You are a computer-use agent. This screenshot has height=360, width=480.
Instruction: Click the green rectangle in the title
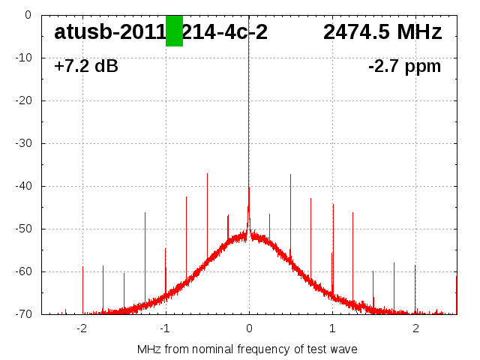point(174,31)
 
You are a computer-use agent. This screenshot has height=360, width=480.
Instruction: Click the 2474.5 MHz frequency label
point(382,32)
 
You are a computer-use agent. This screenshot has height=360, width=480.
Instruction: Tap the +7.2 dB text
point(86,67)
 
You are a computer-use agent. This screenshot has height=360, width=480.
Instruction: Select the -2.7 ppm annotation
point(404,67)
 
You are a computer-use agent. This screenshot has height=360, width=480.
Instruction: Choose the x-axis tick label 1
point(332,328)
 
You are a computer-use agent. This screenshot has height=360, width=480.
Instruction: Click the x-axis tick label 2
point(415,328)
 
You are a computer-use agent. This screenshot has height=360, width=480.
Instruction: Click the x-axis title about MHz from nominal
point(247,349)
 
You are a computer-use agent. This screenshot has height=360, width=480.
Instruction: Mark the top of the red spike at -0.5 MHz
point(207,173)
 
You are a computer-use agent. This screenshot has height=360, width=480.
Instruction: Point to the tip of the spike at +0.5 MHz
point(290,175)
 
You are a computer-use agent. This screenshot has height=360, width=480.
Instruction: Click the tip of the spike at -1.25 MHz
point(145,213)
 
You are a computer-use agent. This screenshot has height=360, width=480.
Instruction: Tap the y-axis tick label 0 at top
point(28,15)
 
